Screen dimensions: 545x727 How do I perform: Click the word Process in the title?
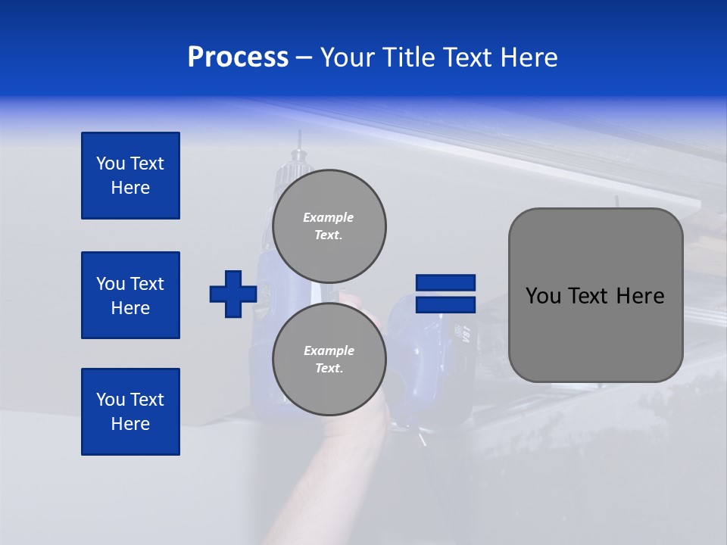238,58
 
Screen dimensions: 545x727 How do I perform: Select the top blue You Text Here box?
130,176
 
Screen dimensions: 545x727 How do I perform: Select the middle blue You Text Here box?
130,295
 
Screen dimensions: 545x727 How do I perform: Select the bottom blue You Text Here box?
130,412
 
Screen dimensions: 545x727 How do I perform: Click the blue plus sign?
233,294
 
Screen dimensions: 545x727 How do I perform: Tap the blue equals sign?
445,294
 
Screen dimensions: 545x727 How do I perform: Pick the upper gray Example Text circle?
329,226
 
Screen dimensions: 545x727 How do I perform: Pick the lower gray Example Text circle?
329,359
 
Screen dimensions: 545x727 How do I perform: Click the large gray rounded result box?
595,295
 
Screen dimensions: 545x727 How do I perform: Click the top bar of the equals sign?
445,282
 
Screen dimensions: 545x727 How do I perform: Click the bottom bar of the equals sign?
445,304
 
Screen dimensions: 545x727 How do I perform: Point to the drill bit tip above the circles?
300,136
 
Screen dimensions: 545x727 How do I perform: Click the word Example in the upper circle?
329,217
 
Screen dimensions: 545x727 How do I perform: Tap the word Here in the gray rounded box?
640,296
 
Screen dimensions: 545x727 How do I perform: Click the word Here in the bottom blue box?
130,425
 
